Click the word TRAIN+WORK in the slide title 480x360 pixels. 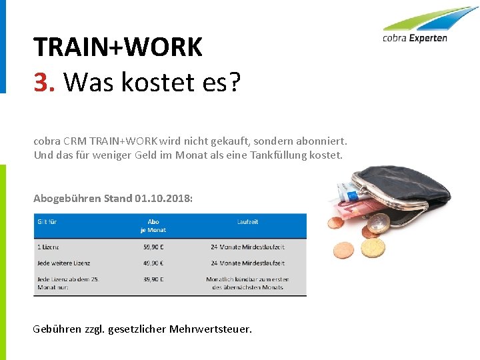click(x=117, y=47)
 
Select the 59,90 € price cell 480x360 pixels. click(x=153, y=247)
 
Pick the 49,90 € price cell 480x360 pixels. click(x=153, y=263)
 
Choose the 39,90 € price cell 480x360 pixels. click(x=153, y=279)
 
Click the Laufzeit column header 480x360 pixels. click(x=247, y=222)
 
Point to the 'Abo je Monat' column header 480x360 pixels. click(x=153, y=226)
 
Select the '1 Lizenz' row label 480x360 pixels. click(x=48, y=247)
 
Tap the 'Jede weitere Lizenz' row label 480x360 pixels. click(x=64, y=263)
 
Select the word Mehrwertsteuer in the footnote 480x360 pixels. click(x=211, y=329)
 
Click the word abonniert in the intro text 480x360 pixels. click(x=323, y=141)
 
